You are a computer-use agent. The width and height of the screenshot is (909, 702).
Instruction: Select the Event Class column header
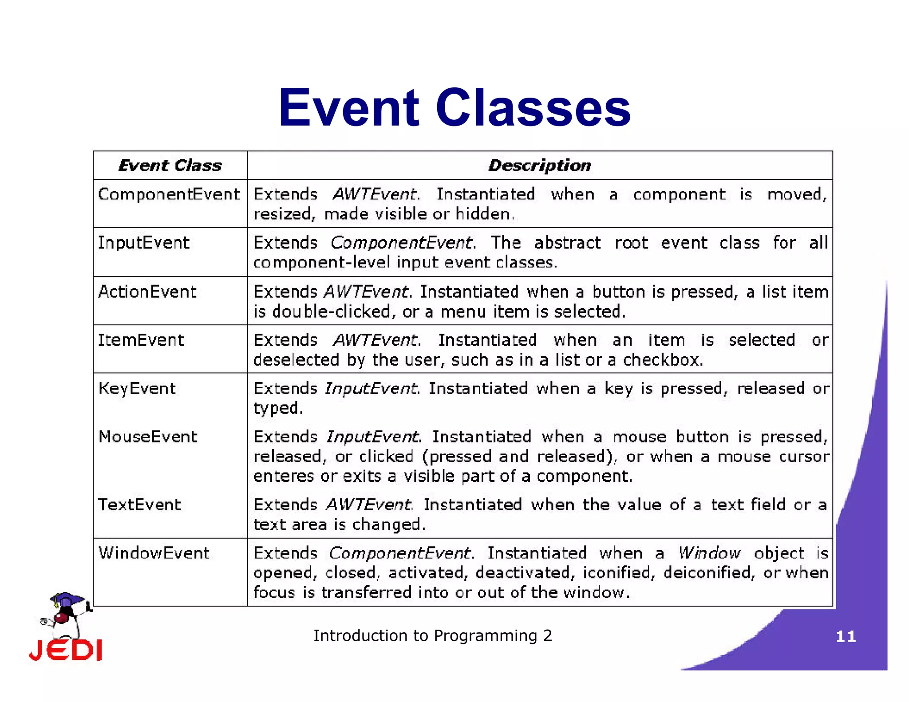tap(170, 166)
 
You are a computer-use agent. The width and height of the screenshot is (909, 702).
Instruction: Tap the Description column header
tap(540, 166)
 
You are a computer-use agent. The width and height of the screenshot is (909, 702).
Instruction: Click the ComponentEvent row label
tap(169, 194)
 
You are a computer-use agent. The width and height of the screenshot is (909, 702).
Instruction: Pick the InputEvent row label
tap(143, 243)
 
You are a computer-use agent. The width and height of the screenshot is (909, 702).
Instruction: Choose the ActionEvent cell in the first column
tap(147, 292)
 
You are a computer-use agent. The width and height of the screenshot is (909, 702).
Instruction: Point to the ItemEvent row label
tap(141, 340)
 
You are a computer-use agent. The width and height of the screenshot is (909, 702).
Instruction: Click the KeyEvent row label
tap(137, 389)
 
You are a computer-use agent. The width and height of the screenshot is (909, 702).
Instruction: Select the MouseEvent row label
tap(147, 437)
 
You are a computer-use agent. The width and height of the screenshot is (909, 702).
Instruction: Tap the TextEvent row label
tap(139, 505)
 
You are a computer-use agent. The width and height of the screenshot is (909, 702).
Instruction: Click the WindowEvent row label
tap(154, 553)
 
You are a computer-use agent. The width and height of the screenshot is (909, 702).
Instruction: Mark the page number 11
tap(846, 637)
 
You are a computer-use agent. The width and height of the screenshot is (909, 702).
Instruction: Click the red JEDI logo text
tap(66, 651)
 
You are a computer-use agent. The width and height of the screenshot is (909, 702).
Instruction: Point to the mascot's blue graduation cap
tap(67, 600)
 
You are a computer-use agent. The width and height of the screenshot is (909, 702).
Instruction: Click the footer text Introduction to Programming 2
tap(433, 636)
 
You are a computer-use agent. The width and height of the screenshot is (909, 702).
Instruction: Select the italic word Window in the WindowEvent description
tap(709, 553)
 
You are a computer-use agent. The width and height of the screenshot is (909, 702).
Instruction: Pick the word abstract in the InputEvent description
tap(567, 243)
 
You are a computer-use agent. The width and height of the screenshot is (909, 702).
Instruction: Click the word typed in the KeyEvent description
tap(277, 408)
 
